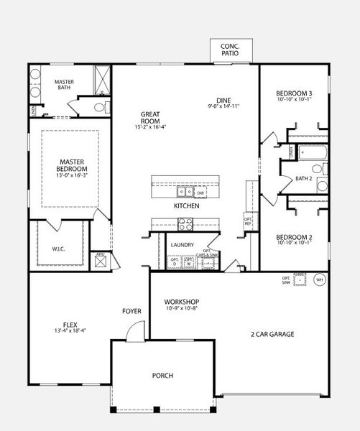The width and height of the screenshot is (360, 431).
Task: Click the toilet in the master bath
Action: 100,108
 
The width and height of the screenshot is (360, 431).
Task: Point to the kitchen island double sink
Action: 185,192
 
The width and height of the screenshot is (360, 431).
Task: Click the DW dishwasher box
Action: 201,193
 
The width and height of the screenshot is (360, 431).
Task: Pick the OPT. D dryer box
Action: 173,262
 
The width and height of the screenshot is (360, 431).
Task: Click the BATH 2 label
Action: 303,179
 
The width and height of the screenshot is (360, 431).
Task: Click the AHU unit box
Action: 101,259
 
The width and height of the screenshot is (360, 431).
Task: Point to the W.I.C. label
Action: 59,249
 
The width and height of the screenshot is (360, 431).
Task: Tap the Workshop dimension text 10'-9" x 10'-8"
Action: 181,309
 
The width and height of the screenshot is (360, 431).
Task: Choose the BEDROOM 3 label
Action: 294,93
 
